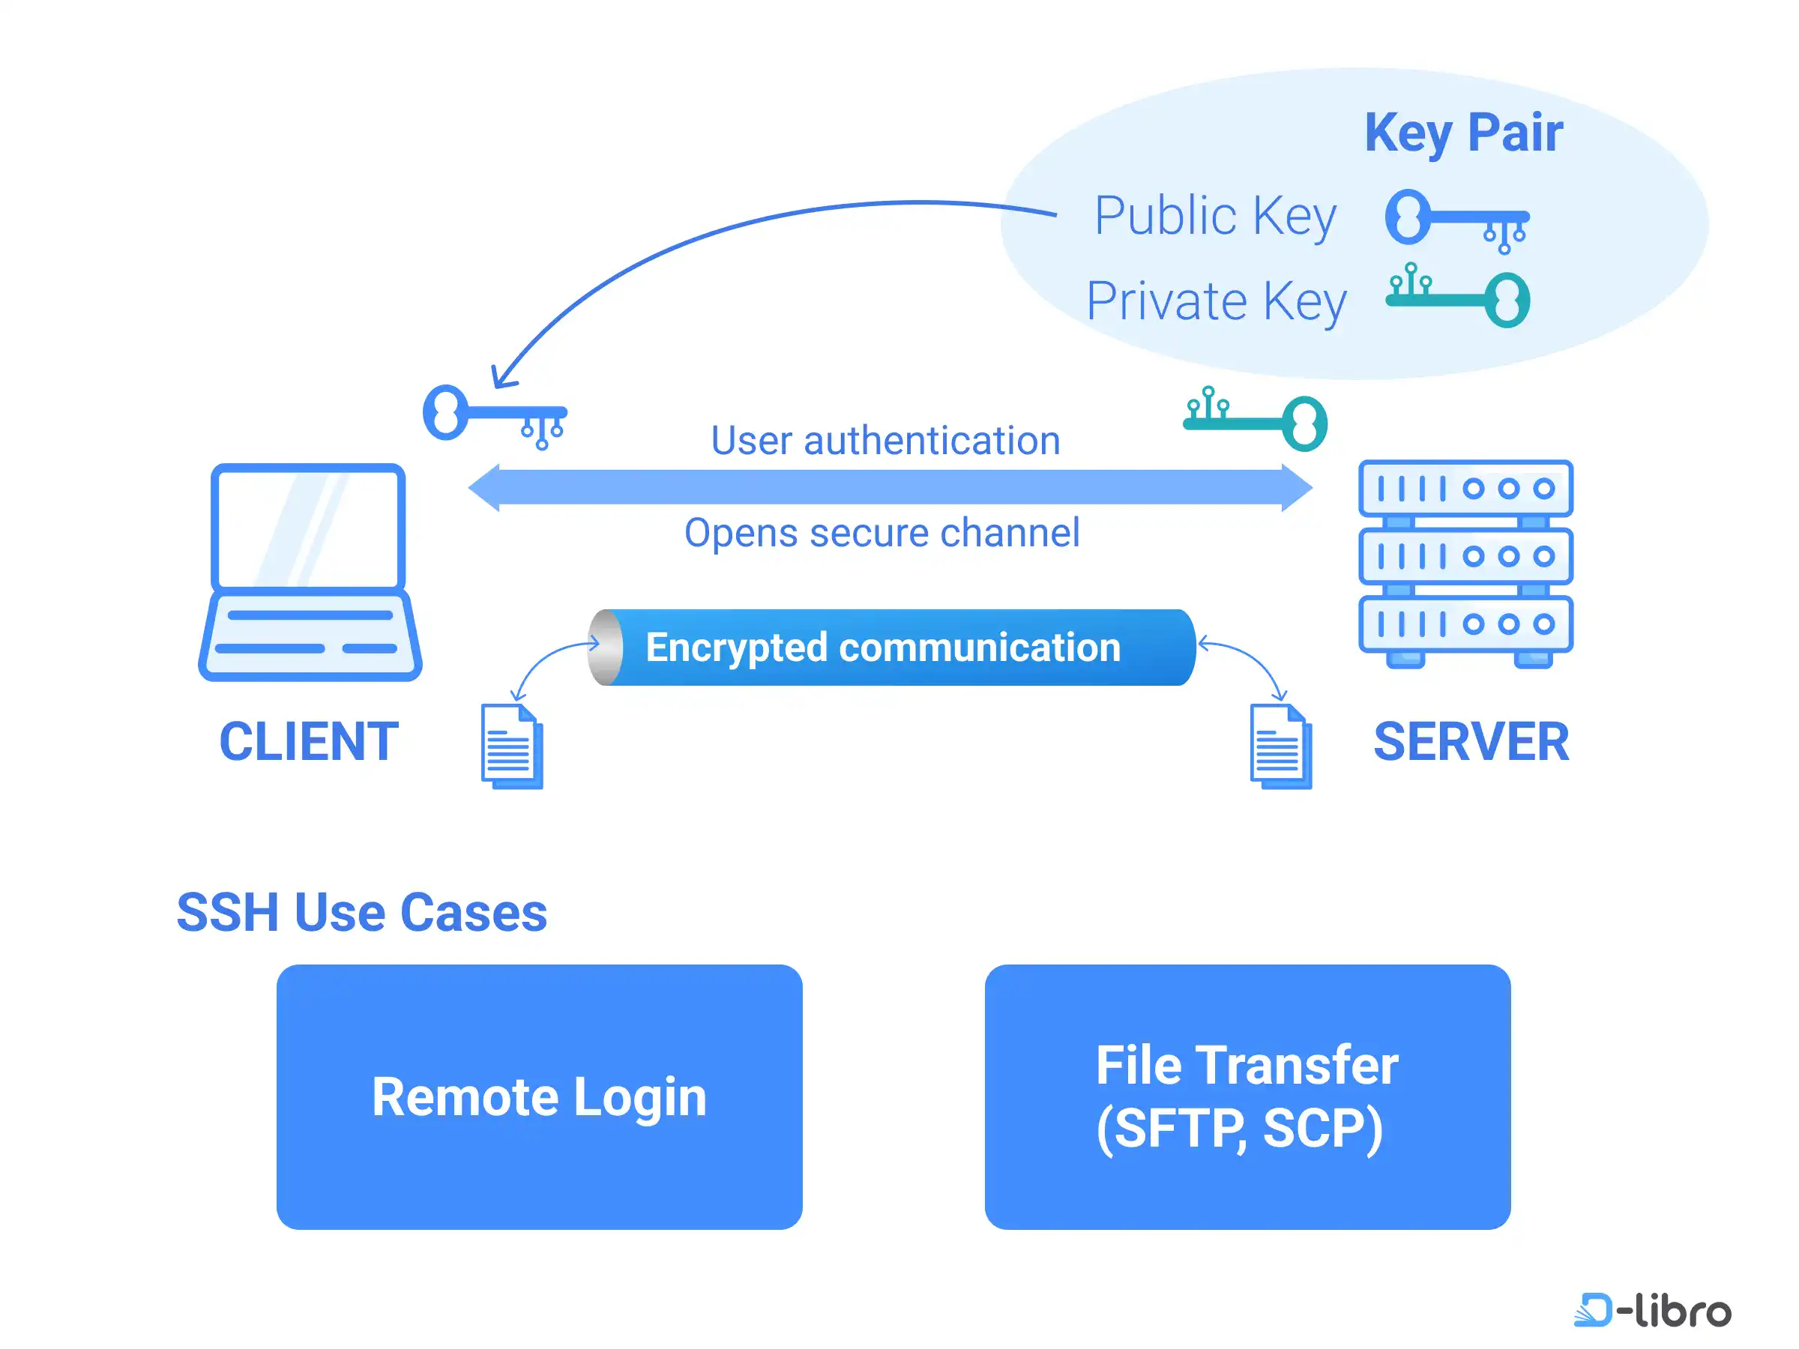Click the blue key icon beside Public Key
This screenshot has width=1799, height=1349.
(x=1456, y=219)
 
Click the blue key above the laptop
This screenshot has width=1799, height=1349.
(x=493, y=414)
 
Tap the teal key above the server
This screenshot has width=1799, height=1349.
(x=1256, y=420)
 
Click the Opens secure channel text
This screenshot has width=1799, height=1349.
(x=882, y=534)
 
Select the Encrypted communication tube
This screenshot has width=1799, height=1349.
(x=891, y=648)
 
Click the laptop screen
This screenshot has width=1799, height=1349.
(x=308, y=527)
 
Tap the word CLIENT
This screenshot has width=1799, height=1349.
(x=309, y=742)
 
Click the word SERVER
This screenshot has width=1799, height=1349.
(x=1471, y=742)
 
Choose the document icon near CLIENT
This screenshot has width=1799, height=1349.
(x=511, y=746)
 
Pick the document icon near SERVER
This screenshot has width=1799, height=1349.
(x=1280, y=746)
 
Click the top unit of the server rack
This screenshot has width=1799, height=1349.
(x=1465, y=489)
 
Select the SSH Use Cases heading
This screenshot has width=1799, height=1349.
(x=362, y=912)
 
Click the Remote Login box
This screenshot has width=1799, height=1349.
(x=539, y=1096)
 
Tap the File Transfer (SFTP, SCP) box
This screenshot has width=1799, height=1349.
(x=1247, y=1096)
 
